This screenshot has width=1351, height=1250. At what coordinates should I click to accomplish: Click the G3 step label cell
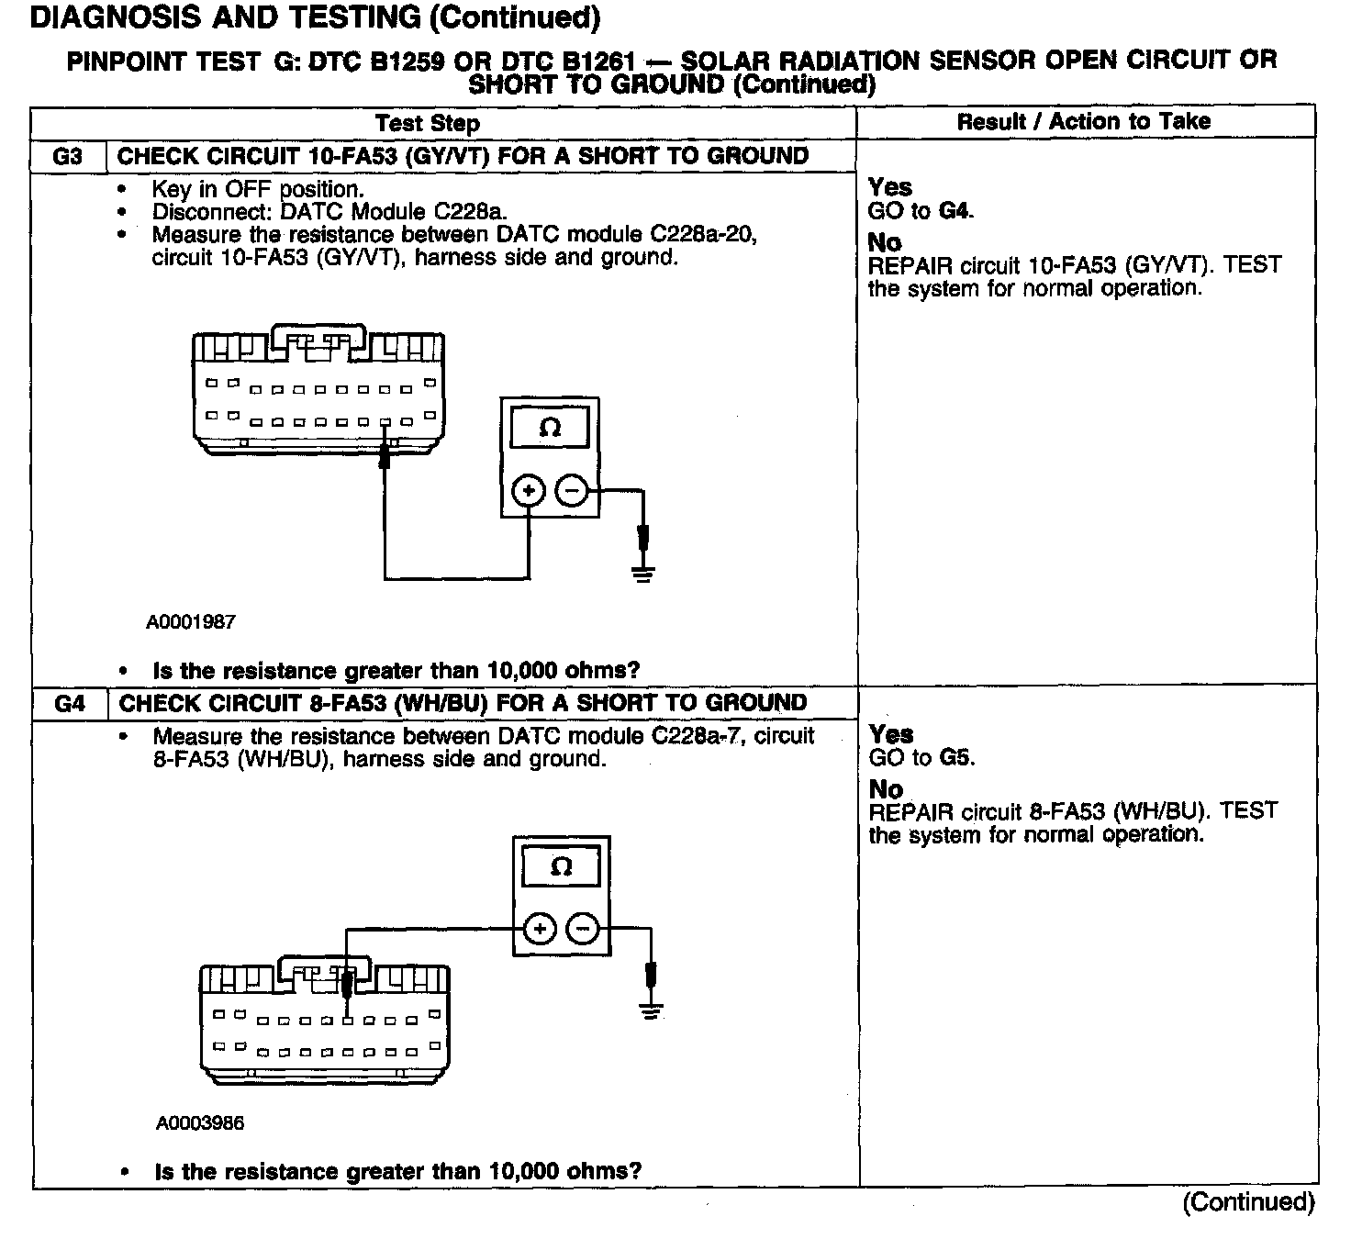pos(68,156)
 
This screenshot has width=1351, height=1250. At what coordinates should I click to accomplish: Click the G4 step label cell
pos(70,704)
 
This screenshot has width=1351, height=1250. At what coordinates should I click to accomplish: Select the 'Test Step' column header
pos(427,123)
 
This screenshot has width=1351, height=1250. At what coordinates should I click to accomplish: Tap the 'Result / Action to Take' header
pos(1083,121)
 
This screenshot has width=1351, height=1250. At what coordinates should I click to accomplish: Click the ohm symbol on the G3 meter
pos(550,428)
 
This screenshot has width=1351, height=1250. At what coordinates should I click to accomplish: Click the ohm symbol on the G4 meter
pos(561,866)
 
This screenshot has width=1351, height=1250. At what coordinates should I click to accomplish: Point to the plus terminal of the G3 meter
pos(528,491)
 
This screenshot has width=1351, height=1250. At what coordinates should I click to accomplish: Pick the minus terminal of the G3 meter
pos(571,491)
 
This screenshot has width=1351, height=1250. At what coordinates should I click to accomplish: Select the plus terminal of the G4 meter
pos(540,929)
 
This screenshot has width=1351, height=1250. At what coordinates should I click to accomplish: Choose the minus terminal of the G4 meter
pos(582,929)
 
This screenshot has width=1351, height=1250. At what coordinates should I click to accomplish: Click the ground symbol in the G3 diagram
pos(643,575)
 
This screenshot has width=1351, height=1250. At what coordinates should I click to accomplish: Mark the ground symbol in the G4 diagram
pos(652,1012)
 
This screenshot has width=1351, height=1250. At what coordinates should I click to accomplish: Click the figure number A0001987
pos(191,622)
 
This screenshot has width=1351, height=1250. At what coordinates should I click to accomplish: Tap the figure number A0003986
pos(200,1122)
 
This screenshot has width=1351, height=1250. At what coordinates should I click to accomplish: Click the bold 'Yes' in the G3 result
pos(890,187)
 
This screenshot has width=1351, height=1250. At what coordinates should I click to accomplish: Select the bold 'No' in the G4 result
pos(886,789)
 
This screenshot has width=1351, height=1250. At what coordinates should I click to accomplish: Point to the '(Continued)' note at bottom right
pos(1248,1202)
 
